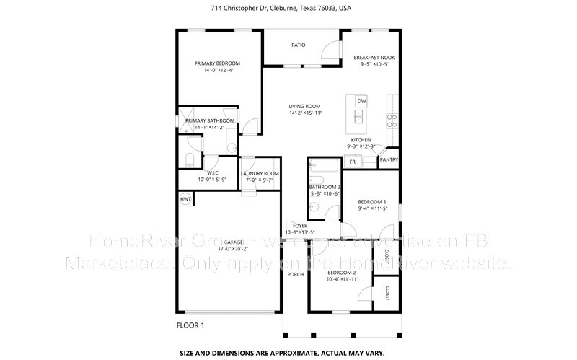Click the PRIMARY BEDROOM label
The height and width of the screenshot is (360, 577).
[217, 63]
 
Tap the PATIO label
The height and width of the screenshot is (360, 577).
[298, 45]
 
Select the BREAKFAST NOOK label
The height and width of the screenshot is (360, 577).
[373, 57]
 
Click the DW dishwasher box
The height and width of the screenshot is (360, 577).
[361, 100]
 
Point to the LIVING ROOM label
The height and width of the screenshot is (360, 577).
[304, 105]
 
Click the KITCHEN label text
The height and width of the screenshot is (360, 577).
[361, 139]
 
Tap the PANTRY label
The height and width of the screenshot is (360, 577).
[389, 159]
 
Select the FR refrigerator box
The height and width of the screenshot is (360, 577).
[353, 162]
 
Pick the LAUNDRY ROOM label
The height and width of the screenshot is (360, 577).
[260, 174]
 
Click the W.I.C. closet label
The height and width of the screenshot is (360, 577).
[213, 173]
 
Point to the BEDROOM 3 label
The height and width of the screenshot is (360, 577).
[373, 202]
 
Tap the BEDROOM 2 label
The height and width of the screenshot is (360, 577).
[343, 272]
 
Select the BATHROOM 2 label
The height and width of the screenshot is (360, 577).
[325, 188]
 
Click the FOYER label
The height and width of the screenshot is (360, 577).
[300, 226]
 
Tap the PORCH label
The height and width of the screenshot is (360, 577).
[295, 274]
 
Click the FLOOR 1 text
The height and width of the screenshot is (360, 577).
[190, 326]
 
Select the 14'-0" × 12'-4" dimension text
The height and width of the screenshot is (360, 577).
[217, 71]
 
